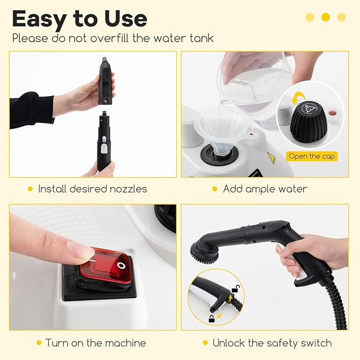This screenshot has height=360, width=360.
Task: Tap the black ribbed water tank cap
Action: [309, 122]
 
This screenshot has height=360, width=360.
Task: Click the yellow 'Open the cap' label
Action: [312, 156]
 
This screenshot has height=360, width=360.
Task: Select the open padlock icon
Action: [235, 288]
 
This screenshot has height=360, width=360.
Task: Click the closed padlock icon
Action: [212, 319]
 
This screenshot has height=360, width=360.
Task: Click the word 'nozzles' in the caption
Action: [128, 189]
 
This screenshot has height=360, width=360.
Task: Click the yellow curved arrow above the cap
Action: [298, 98]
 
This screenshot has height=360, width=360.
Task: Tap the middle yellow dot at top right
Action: [326, 17]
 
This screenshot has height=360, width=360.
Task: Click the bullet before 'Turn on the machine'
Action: [39, 343]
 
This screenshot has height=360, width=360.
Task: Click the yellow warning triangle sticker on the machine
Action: [271, 158]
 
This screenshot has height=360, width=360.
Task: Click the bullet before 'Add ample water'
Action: [215, 189]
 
